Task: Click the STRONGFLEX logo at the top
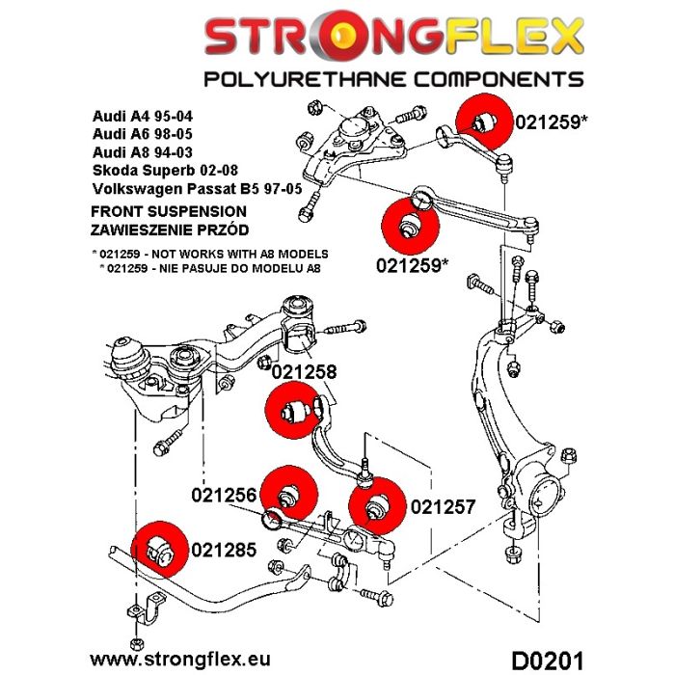click(392, 38)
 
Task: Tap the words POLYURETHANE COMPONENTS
click(392, 79)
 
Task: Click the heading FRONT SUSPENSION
click(168, 211)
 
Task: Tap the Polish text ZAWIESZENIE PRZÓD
click(169, 229)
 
